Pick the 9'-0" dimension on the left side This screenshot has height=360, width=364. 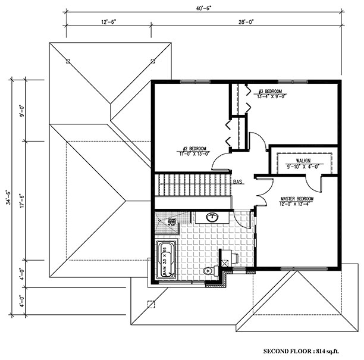point(22,110)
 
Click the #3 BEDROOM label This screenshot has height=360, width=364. point(269,92)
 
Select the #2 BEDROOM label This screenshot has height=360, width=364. point(194,148)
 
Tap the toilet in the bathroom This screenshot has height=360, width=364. point(208,271)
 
